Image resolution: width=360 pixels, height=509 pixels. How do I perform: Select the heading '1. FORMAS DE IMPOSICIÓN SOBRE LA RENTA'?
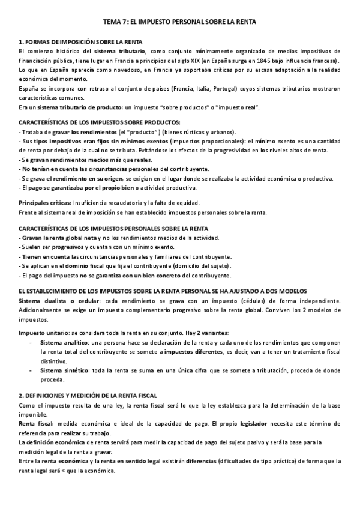tap(80, 42)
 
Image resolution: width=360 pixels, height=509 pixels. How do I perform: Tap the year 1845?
tap(277, 61)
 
